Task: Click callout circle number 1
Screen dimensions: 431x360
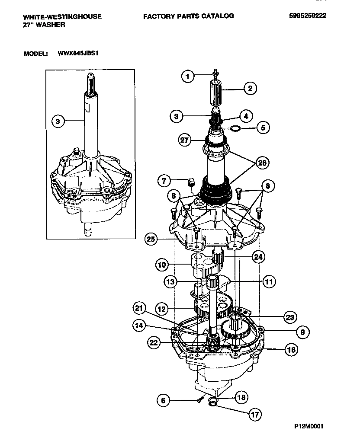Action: pos(187,77)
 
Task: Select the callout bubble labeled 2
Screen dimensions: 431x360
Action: pos(250,89)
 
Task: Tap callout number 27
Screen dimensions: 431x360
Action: pos(185,140)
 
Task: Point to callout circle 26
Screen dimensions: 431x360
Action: pos(262,163)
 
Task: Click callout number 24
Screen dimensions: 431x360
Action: pos(258,257)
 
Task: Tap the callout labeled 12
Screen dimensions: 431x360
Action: pos(162,309)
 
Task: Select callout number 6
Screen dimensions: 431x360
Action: pos(163,401)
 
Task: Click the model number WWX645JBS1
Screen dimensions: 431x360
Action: pos(80,54)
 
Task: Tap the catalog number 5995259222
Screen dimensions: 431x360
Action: pos(308,16)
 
